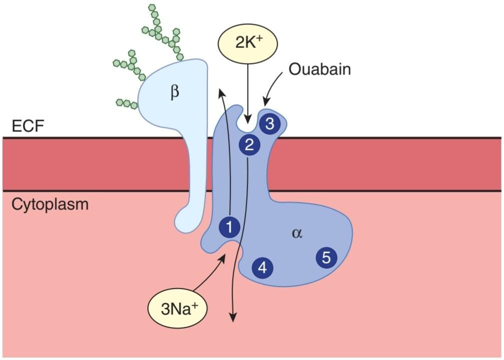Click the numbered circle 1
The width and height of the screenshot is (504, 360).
(229, 228)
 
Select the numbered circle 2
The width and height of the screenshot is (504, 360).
(249, 145)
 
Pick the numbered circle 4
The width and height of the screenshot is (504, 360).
(262, 268)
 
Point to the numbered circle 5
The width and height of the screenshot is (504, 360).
(326, 257)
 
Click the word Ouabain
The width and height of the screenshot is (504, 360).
(320, 69)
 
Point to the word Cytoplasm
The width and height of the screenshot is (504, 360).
(49, 204)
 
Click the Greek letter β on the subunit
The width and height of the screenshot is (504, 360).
(174, 93)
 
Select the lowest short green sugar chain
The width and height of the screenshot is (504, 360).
(126, 103)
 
